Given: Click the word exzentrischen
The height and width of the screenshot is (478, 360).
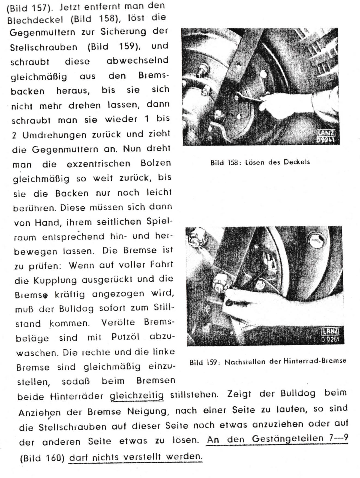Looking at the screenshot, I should click(x=98, y=164).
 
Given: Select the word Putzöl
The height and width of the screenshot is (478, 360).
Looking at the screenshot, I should click(x=125, y=337).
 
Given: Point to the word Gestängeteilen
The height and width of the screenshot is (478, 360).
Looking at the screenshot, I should click(x=287, y=439).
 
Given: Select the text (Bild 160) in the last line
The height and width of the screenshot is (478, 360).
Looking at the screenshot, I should click(x=42, y=458).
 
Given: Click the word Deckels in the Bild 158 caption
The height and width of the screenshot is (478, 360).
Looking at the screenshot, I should click(x=297, y=162).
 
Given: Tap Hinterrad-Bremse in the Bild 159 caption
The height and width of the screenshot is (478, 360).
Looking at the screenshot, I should click(x=315, y=361).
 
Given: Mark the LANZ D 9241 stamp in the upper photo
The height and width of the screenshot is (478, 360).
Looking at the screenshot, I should click(x=326, y=136).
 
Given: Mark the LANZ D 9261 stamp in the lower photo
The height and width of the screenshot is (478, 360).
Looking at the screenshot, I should click(x=330, y=335).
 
